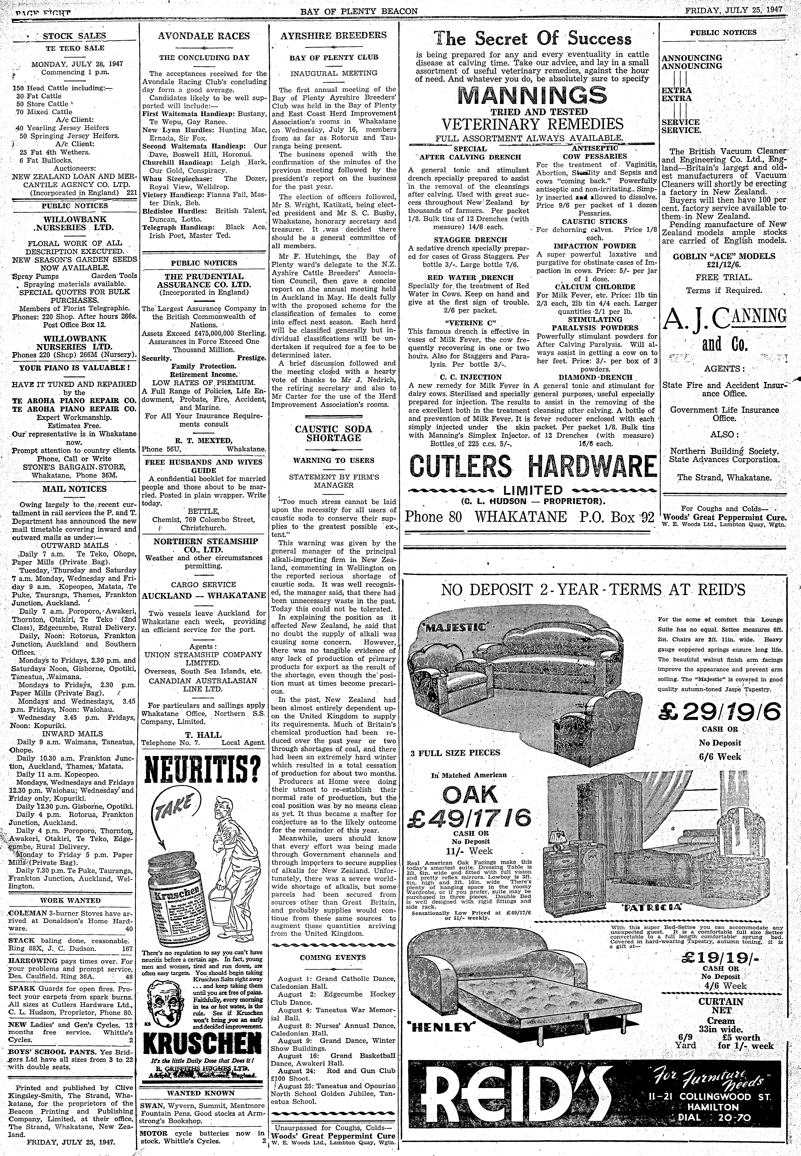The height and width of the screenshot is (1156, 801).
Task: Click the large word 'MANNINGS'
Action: point(532,95)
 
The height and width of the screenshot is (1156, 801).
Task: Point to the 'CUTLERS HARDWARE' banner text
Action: point(532,467)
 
